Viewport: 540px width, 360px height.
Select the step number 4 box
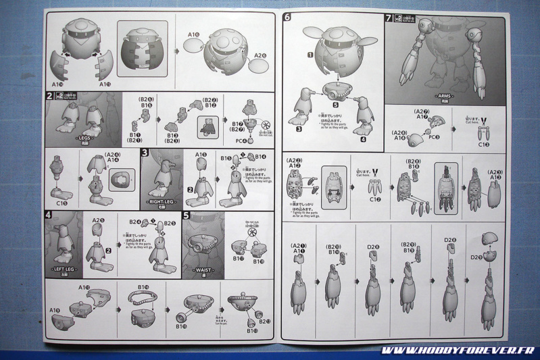pos(49,215)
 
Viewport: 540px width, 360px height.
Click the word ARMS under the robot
pos(444,97)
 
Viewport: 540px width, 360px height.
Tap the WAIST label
pos(203,270)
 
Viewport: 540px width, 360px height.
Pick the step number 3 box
pos(145,153)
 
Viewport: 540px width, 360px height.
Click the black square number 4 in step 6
pos(362,140)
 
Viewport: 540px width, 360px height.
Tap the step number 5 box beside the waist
pos(187,215)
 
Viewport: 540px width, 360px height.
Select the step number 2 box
pos(49,97)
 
